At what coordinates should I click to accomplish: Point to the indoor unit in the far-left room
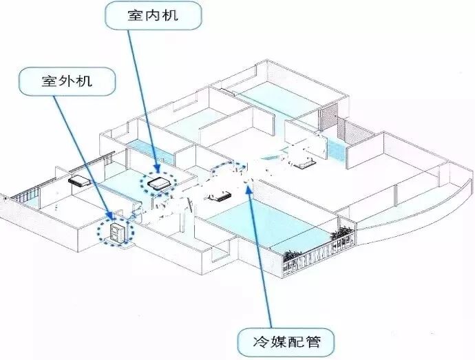[81, 182]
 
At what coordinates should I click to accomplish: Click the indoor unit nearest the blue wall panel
[304, 164]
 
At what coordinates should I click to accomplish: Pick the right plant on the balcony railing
[341, 236]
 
